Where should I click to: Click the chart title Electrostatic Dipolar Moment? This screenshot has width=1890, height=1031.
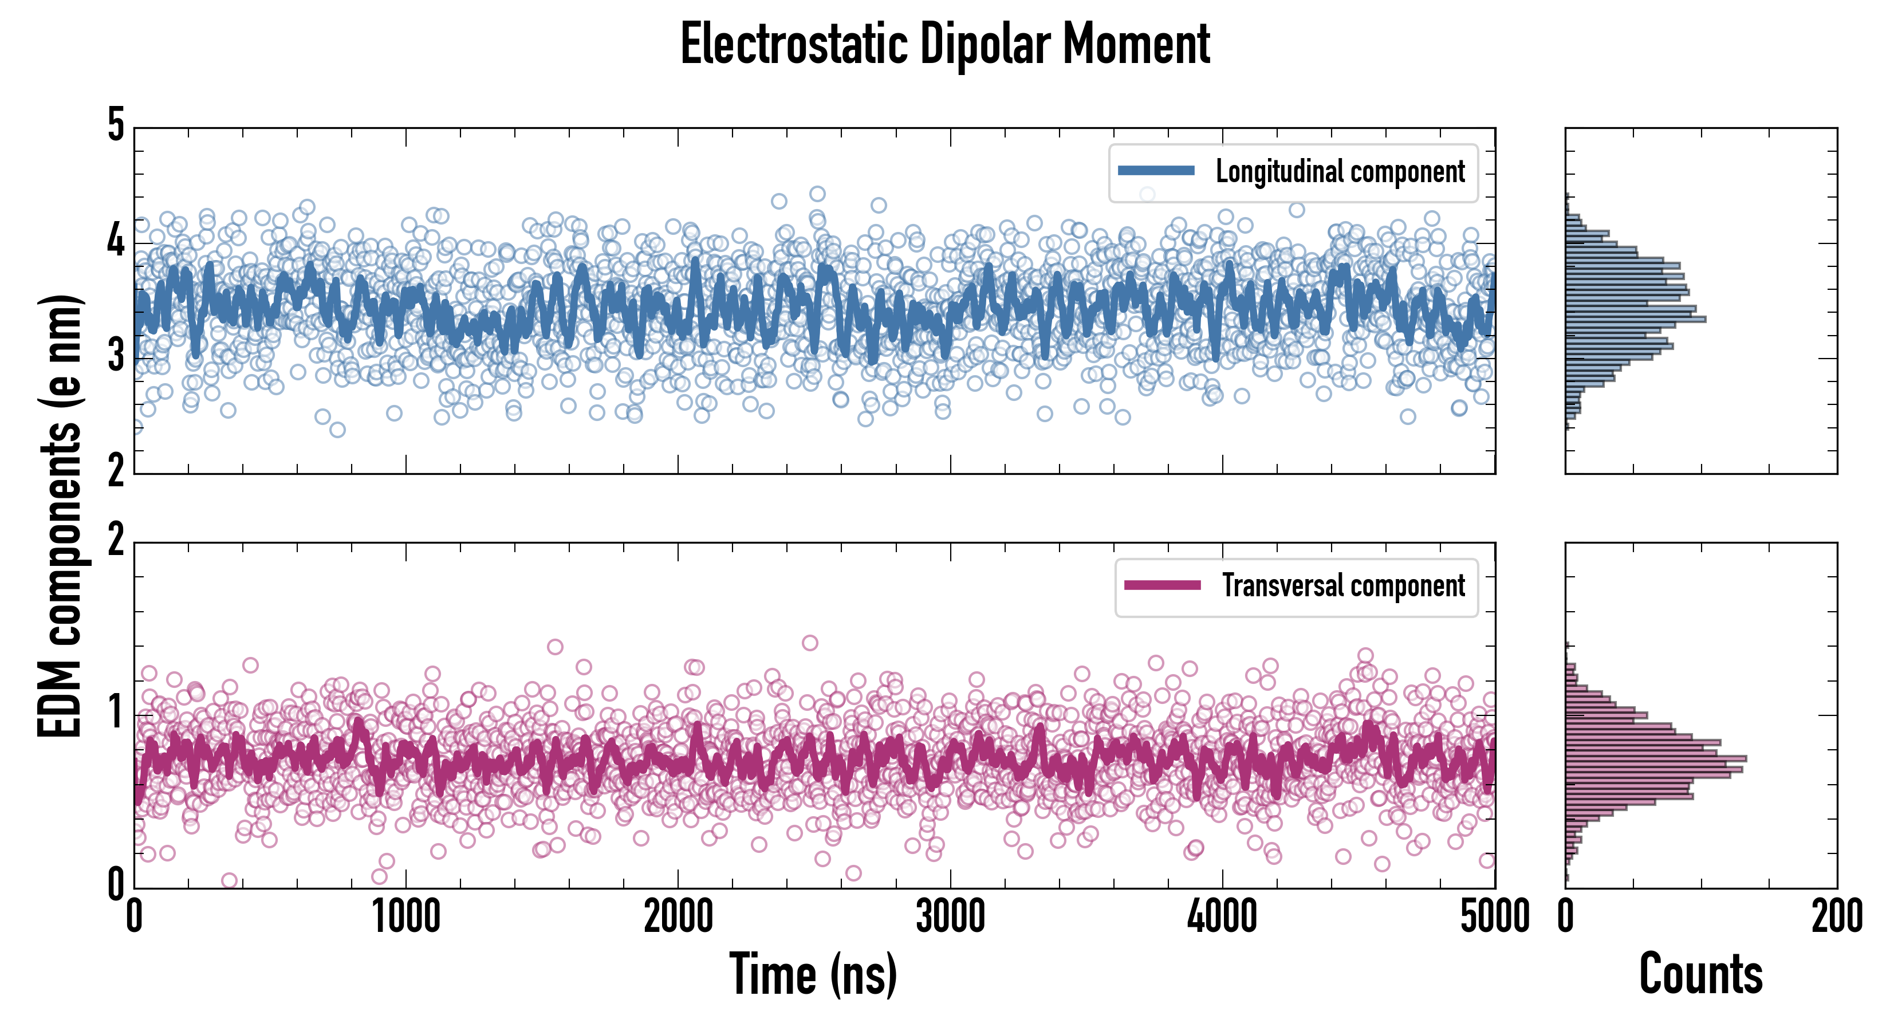[x=945, y=44]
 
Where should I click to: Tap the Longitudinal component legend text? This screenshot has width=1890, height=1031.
[x=1340, y=172]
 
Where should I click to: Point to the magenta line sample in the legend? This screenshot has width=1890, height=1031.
[x=1162, y=585]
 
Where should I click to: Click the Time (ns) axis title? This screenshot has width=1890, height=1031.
[x=813, y=974]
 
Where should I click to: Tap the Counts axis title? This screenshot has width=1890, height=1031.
[x=1700, y=974]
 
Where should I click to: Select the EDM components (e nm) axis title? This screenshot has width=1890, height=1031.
[x=60, y=516]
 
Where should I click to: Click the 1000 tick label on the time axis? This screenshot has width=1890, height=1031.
[x=405, y=916]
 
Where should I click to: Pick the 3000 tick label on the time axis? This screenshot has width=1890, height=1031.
[x=950, y=916]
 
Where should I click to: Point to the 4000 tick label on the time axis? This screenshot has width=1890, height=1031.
[x=1222, y=916]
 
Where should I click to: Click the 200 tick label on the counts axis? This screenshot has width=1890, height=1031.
[x=1836, y=916]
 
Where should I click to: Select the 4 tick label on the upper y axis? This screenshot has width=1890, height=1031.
[x=116, y=241]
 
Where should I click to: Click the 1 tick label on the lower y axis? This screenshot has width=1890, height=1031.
[x=116, y=712]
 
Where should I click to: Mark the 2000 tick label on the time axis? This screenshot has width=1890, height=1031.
[x=678, y=916]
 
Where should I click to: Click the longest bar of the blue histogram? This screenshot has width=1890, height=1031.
[x=1635, y=319]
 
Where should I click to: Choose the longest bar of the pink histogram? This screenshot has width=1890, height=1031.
[x=1655, y=758]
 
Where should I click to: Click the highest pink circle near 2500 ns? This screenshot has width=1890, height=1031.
[x=810, y=643]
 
